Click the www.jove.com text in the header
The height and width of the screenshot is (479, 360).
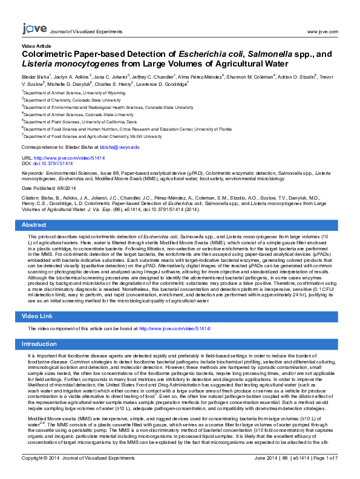(x=322, y=31)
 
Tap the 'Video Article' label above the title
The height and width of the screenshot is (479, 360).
(x=36, y=46)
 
